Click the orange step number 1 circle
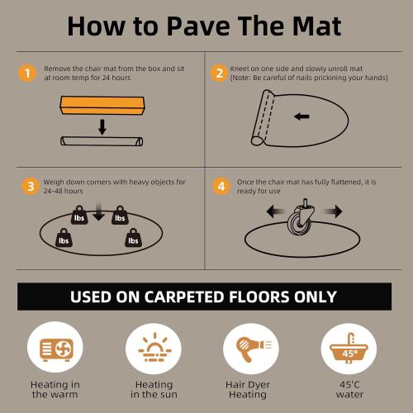(x=28, y=74)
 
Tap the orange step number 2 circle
(x=220, y=74)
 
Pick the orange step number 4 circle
(x=220, y=186)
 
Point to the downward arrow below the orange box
(x=101, y=127)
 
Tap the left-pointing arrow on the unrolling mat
(x=301, y=116)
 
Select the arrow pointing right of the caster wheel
(x=331, y=212)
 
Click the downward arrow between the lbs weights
(x=99, y=214)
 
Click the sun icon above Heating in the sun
(x=154, y=347)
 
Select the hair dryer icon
(x=248, y=347)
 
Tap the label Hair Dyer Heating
(x=248, y=389)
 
